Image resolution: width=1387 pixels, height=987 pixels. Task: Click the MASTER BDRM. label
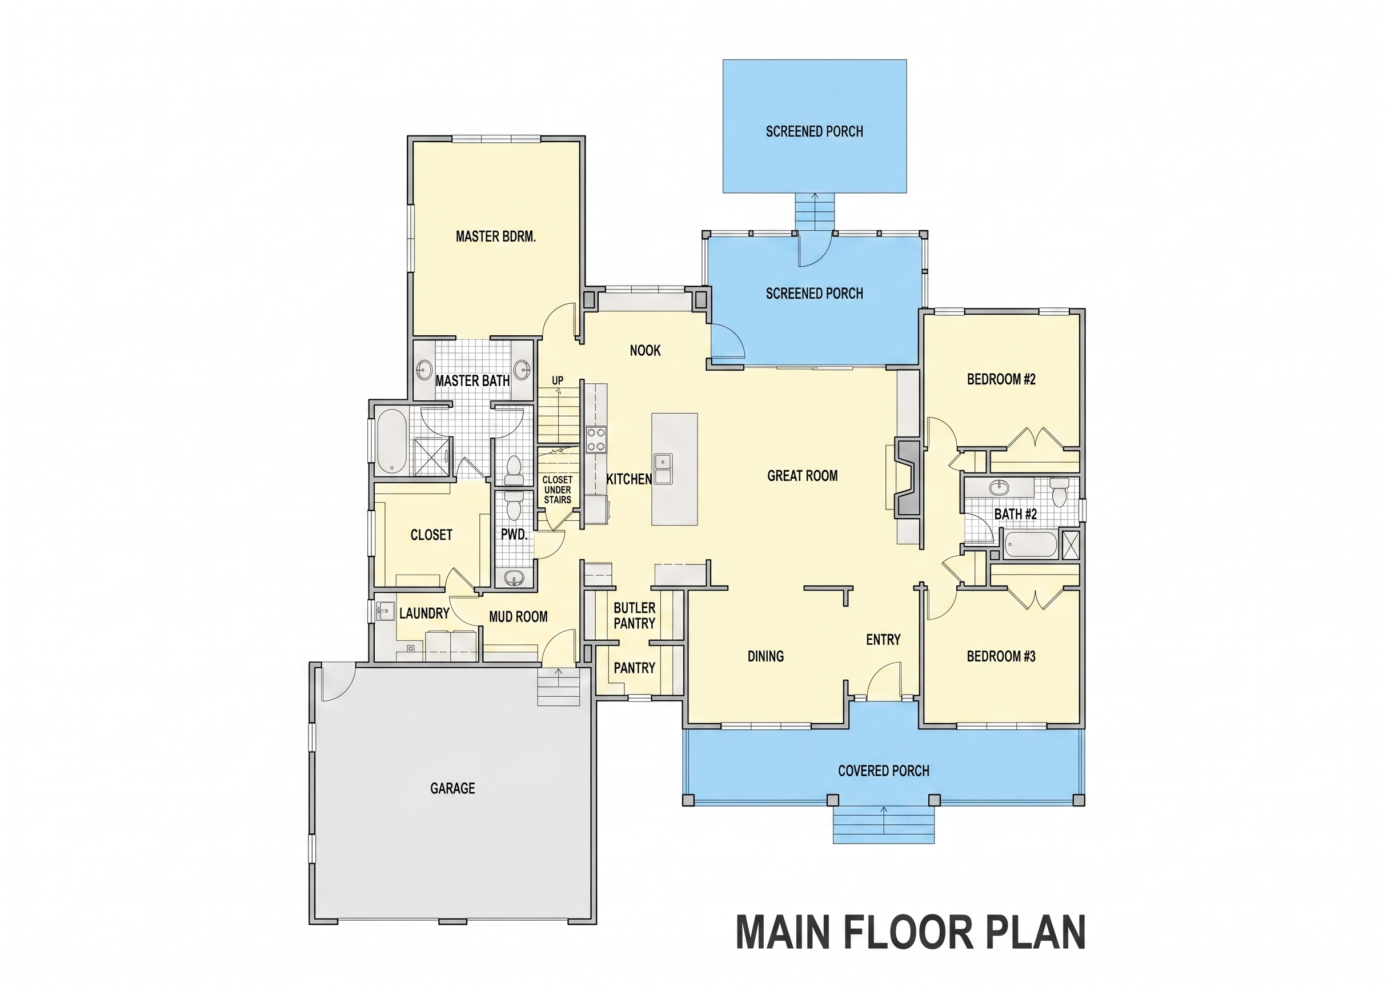pos(495,236)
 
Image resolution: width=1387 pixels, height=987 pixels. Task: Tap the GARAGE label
pos(452,788)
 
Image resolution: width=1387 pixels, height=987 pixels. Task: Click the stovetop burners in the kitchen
pos(596,439)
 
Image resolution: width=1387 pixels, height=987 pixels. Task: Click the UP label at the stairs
pos(558,380)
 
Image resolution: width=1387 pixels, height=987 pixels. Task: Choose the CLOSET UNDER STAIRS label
pos(558,490)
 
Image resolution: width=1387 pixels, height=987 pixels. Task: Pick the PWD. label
pos(514,535)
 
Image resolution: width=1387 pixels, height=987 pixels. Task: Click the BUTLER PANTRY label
pos(634,616)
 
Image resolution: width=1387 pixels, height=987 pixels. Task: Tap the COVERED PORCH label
pos(883,771)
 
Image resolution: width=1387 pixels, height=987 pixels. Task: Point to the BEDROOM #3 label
pos(1001,656)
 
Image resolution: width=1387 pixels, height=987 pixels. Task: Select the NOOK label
pos(645,350)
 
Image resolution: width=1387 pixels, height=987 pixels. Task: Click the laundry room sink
pos(384,611)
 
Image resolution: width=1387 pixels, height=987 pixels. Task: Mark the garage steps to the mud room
pos(559,687)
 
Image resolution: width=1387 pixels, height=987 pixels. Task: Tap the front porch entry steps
pos(883,825)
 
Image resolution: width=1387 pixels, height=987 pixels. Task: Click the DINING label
pos(765,656)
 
